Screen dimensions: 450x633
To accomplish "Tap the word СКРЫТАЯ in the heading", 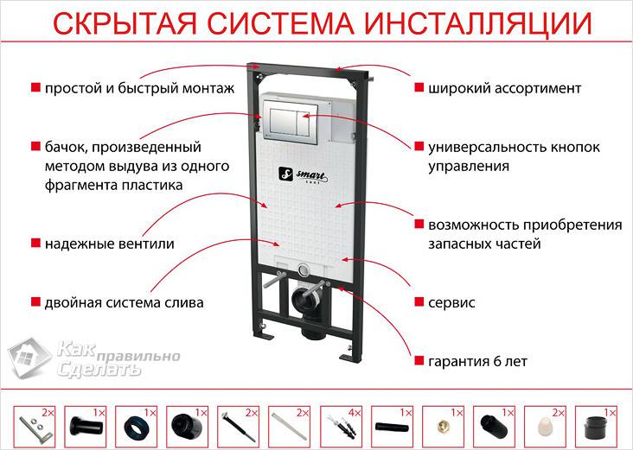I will (109, 23).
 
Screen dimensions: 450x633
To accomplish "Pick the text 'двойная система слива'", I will (124, 303).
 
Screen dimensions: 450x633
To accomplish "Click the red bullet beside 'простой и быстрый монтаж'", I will (35, 88).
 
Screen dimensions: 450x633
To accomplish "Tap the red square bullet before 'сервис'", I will (419, 303).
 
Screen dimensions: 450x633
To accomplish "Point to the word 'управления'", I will (468, 166).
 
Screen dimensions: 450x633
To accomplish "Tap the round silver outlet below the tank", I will (302, 267).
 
